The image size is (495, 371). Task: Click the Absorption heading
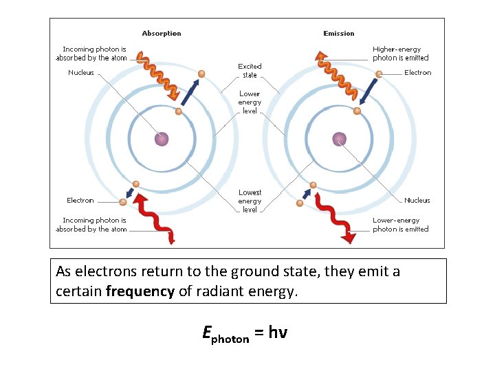(162, 33)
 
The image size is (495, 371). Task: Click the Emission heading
(339, 33)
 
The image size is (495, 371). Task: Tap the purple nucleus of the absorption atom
(162, 139)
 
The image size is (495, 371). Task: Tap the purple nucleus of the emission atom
(339, 139)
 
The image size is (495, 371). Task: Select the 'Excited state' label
(250, 71)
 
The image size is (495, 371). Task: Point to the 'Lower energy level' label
(250, 102)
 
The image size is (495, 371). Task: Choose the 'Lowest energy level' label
(250, 201)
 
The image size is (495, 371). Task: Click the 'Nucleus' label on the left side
(81, 73)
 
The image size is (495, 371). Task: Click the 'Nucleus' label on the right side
(417, 201)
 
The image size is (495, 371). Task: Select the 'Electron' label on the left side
(80, 201)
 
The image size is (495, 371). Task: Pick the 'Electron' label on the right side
(417, 73)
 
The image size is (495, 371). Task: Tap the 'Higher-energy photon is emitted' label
(400, 54)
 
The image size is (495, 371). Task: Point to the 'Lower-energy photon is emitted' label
(400, 225)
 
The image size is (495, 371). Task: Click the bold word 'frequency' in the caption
(140, 291)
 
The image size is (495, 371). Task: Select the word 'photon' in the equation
(230, 339)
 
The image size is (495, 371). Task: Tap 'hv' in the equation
(277, 333)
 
